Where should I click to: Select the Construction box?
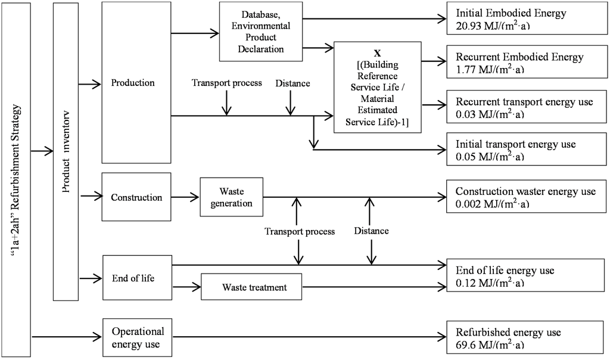click(136, 197)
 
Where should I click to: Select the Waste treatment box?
click(254, 287)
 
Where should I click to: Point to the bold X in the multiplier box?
click(377, 52)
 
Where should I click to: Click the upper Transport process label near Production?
click(226, 83)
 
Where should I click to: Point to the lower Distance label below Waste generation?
click(371, 231)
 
